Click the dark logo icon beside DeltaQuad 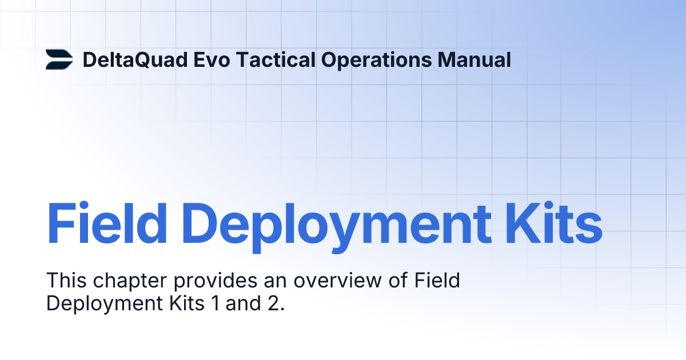pyautogui.click(x=59, y=59)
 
